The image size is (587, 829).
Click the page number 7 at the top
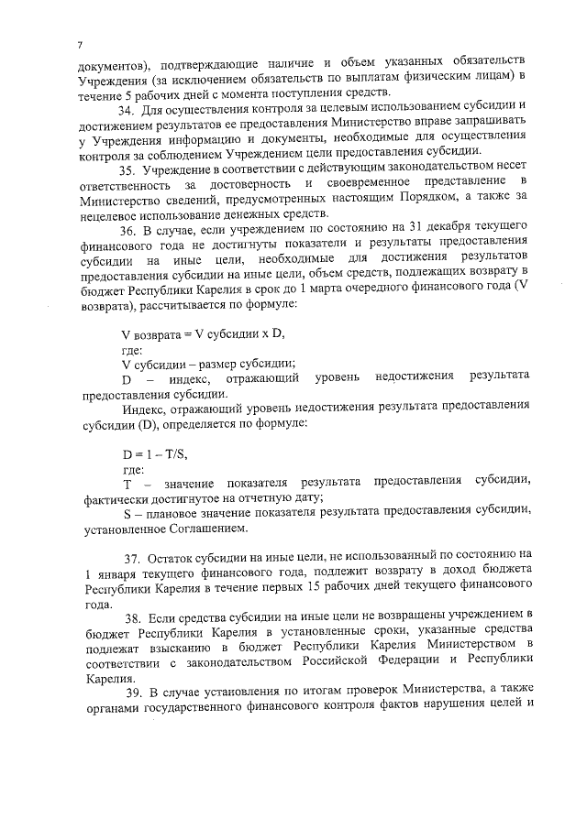[x=81, y=45]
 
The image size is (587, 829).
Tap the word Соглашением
[x=214, y=529]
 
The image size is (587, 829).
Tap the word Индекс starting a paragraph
[x=143, y=405]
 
